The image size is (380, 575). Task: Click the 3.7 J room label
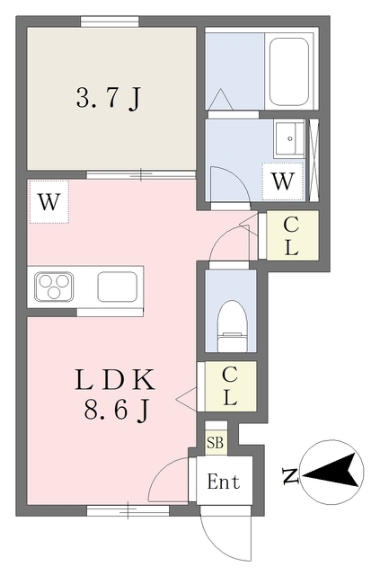click(109, 98)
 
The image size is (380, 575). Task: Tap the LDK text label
click(115, 380)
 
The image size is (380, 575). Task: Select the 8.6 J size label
click(117, 409)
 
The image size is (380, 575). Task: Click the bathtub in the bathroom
click(288, 72)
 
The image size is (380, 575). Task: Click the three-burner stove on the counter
click(54, 287)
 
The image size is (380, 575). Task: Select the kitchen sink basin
click(118, 287)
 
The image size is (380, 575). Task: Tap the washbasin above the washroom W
click(289, 138)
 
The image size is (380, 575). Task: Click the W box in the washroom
click(283, 181)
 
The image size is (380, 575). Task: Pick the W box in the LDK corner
click(49, 201)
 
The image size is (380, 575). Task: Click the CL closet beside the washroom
click(292, 235)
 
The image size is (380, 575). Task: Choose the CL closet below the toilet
click(230, 386)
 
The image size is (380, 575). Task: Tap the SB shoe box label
click(215, 443)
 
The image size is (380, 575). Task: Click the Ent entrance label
click(224, 482)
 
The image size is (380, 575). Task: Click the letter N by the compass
click(290, 475)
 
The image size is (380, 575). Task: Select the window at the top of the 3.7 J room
click(110, 22)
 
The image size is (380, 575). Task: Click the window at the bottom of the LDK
click(128, 510)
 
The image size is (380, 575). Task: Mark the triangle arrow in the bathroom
click(220, 99)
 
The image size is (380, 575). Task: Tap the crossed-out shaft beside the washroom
click(314, 160)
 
